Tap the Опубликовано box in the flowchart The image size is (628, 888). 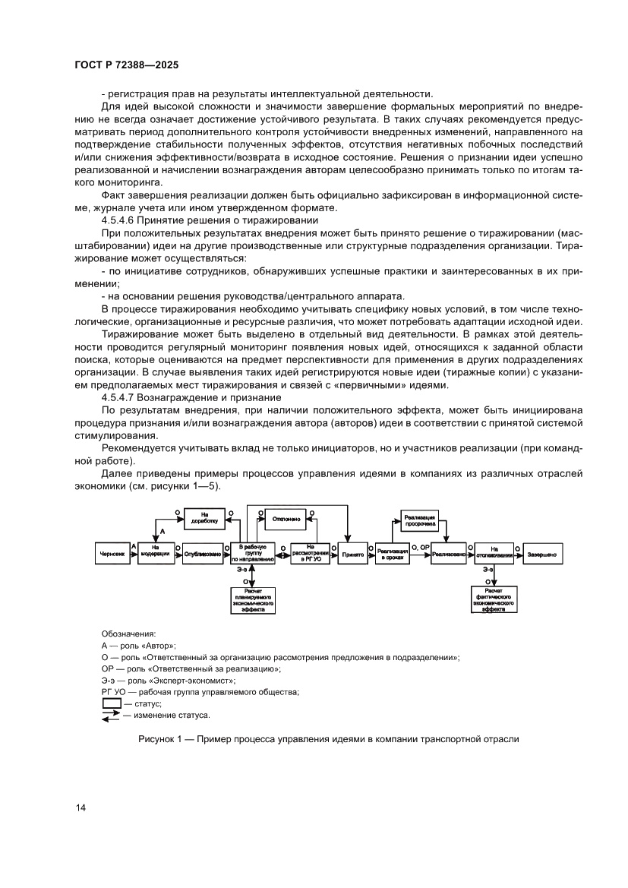click(202, 555)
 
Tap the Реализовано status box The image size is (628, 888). click(448, 555)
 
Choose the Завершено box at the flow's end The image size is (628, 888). click(541, 555)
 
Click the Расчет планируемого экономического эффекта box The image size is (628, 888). click(254, 599)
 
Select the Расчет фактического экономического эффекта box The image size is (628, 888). click(494, 599)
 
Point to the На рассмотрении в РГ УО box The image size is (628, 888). click(311, 551)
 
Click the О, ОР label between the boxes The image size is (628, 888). click(420, 547)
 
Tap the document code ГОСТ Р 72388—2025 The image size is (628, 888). click(128, 65)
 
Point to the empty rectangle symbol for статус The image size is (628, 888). click(110, 704)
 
